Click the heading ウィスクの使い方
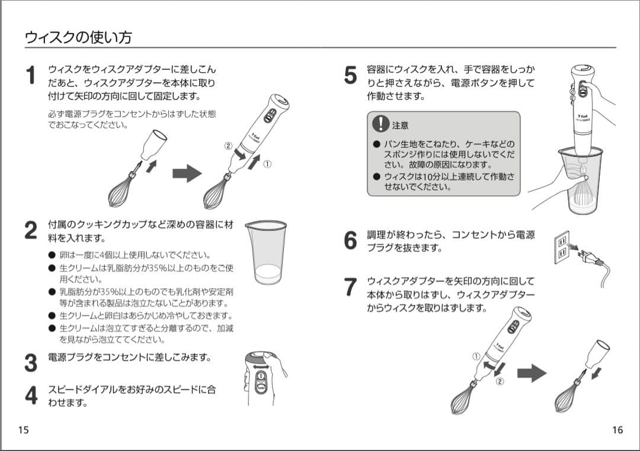click(78, 37)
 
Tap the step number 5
click(350, 75)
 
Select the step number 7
click(350, 287)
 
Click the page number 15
click(23, 430)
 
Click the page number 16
click(617, 430)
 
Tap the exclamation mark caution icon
click(380, 123)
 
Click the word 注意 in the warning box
click(401, 125)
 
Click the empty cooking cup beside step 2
click(265, 252)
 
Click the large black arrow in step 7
click(531, 373)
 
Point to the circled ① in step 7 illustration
click(476, 356)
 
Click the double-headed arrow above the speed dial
click(261, 366)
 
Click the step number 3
click(31, 363)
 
